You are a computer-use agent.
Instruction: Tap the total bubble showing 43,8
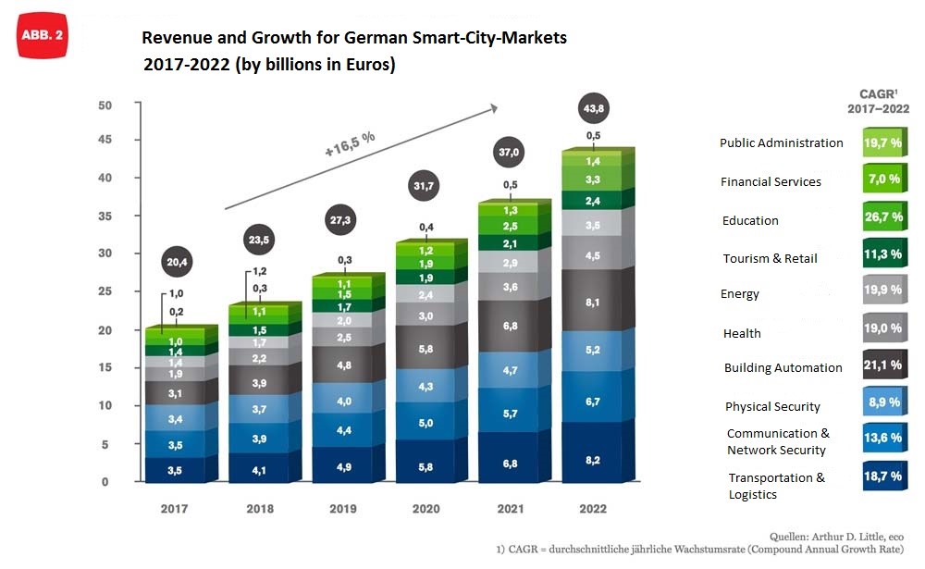tap(593, 108)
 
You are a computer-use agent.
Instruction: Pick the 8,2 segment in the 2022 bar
tap(593, 459)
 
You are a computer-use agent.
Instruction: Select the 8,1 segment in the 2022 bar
tap(593, 301)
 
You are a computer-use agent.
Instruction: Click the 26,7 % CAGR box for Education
tap(882, 219)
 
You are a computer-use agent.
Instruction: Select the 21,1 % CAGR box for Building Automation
tap(882, 365)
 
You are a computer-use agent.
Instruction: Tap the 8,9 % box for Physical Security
tap(882, 404)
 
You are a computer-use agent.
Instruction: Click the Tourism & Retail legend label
tap(770, 259)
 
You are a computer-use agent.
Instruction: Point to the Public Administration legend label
tap(781, 143)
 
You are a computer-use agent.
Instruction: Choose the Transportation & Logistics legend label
tap(776, 486)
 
